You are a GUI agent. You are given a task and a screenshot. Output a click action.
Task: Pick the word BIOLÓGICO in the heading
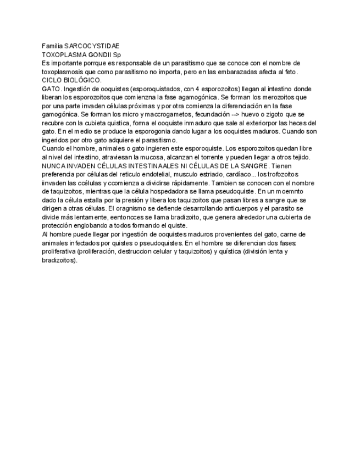click(84, 80)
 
